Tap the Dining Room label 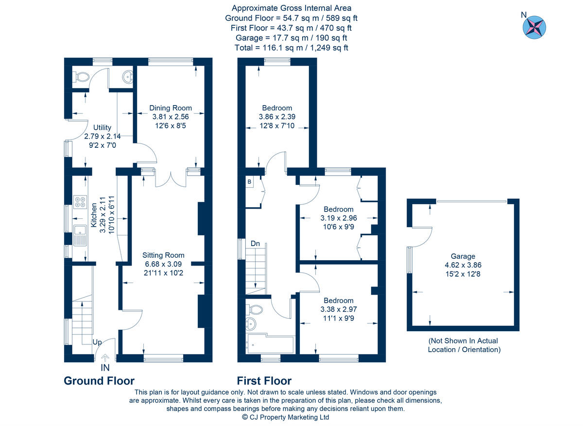[170, 108]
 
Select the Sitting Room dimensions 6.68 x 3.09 [163, 264]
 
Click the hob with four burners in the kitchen [80, 202]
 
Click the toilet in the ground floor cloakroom [81, 76]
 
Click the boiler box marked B [250, 182]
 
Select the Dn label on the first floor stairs [255, 243]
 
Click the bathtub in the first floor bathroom [270, 344]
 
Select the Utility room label [102, 128]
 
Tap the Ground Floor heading [99, 381]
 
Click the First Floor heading [264, 381]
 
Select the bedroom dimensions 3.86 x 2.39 [277, 117]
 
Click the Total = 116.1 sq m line [291, 48]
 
